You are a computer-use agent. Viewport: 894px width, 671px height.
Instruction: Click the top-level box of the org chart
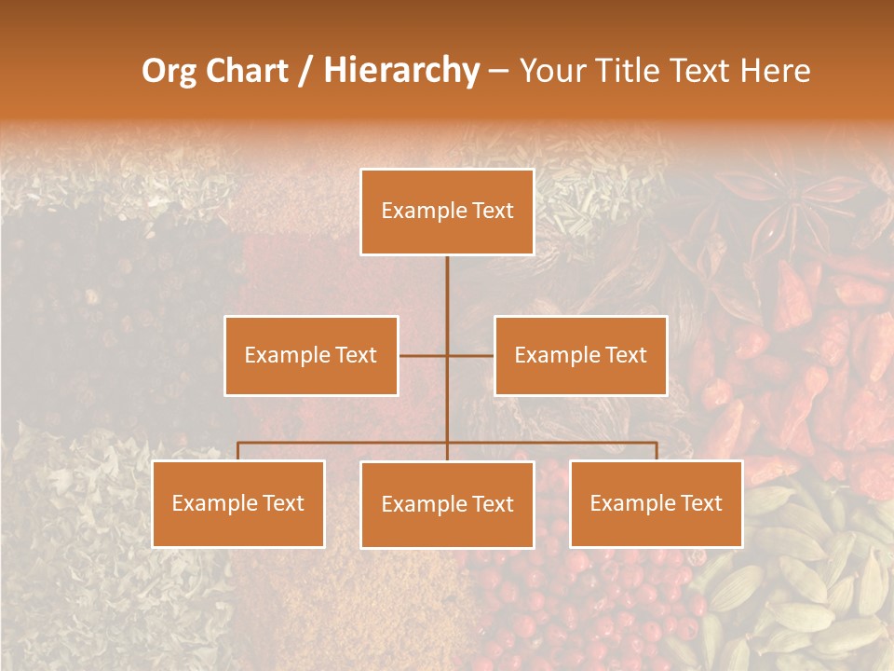tap(447, 212)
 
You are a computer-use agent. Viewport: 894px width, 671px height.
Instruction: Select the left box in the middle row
tap(311, 355)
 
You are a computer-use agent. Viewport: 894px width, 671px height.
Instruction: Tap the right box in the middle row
tap(580, 355)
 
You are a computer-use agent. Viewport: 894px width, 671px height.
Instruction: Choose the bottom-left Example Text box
tap(238, 503)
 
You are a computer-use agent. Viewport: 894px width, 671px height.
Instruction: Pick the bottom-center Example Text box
tap(447, 504)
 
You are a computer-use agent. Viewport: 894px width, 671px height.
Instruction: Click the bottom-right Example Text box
tap(656, 503)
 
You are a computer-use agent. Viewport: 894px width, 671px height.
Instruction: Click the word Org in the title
tap(169, 71)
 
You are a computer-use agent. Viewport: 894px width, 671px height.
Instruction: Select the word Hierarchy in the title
tap(400, 71)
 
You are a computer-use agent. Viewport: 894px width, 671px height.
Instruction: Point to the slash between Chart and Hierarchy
tap(305, 72)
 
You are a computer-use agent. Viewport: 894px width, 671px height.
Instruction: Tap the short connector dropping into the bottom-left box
tap(238, 451)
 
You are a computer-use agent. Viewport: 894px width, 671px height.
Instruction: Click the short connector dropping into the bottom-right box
tap(656, 451)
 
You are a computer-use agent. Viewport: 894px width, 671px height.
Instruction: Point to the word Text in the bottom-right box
tap(701, 503)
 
